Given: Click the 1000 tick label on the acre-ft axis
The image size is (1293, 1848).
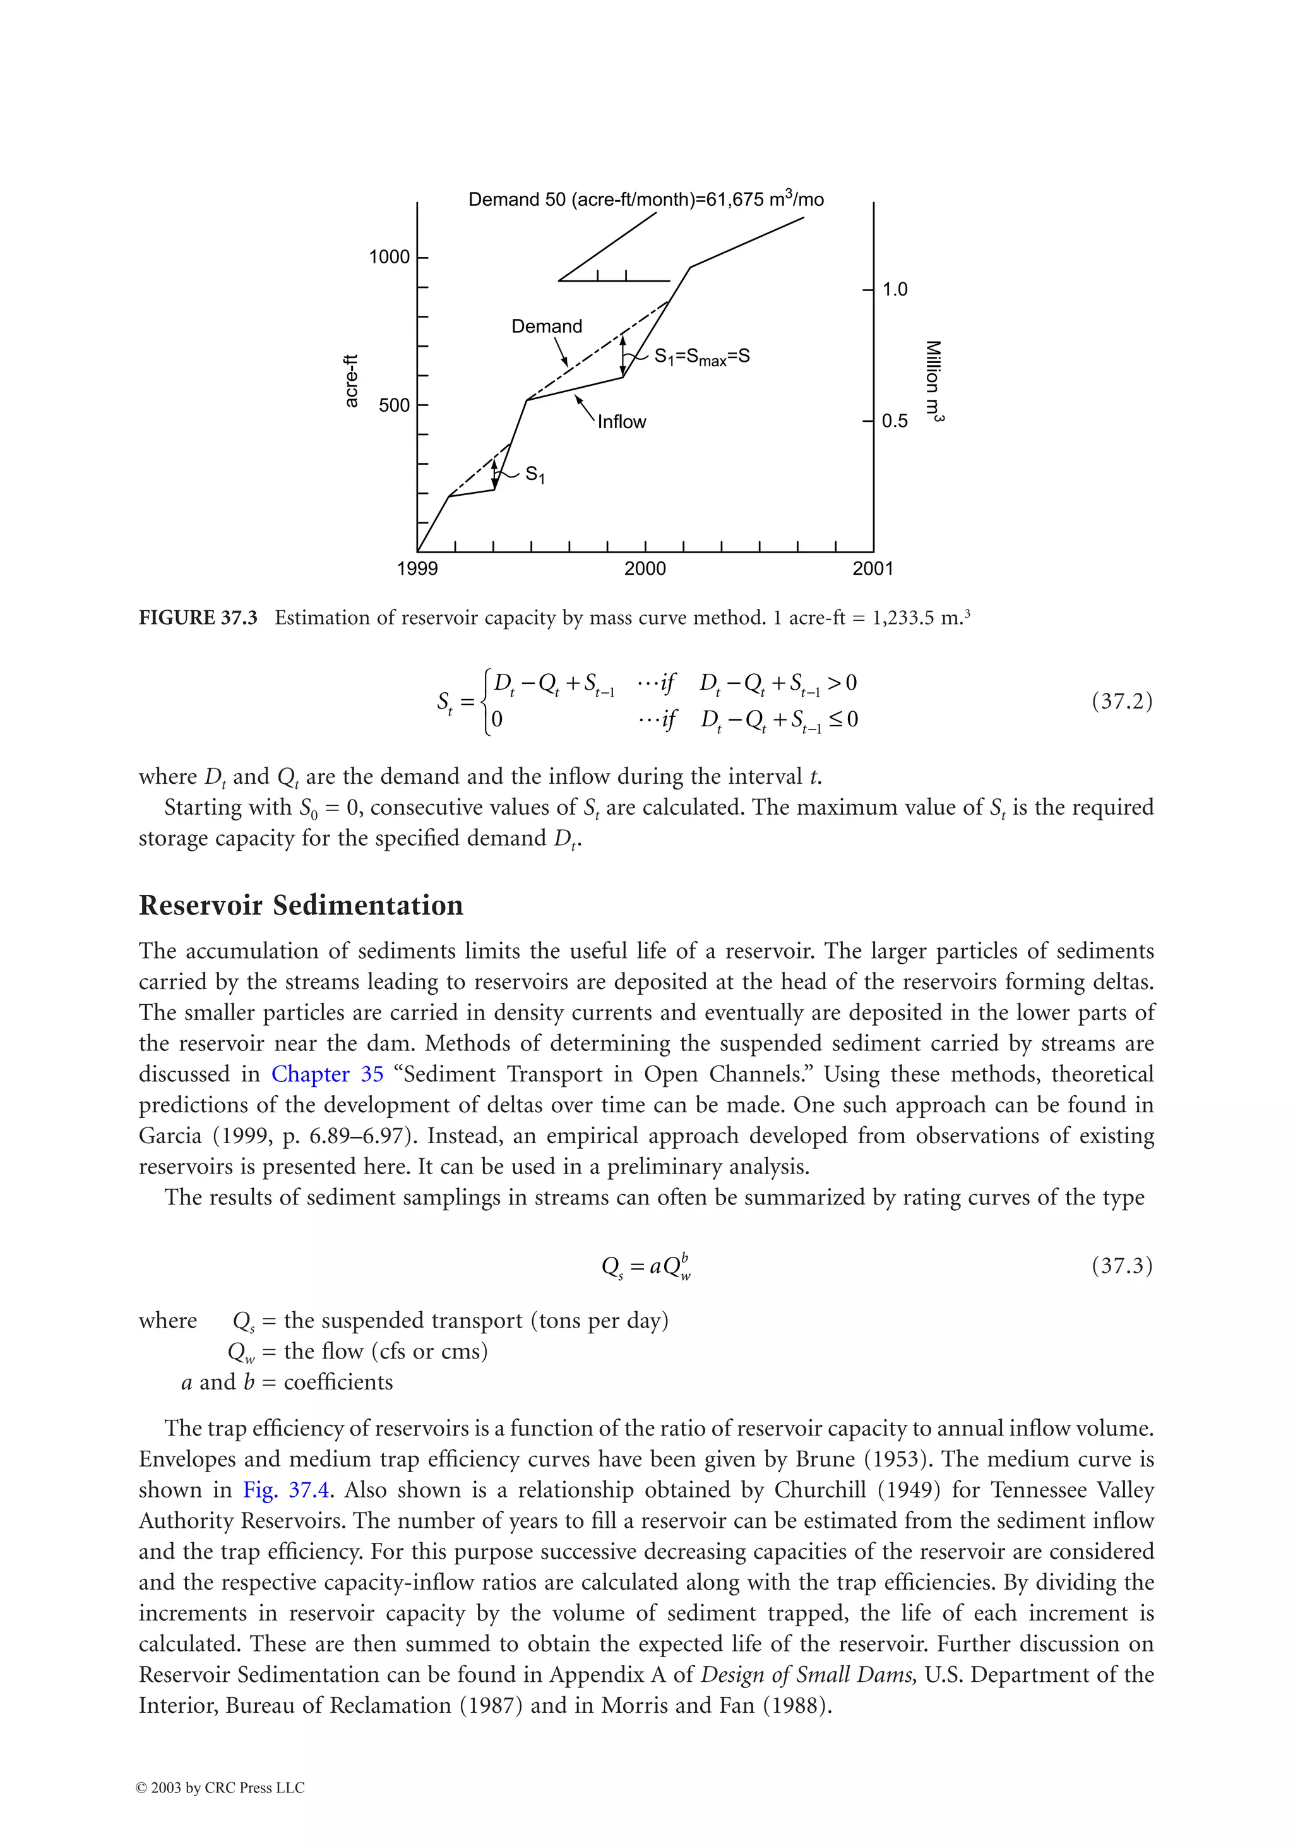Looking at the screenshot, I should coord(389,257).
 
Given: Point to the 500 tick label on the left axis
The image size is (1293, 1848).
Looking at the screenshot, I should coord(393,405).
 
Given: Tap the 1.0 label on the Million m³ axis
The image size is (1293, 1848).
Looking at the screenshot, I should coord(895,289).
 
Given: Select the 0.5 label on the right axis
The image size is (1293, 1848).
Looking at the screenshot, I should coord(895,421).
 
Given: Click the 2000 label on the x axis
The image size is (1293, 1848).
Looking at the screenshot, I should coord(645,568).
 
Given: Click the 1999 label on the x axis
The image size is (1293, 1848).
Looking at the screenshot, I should coord(417,568).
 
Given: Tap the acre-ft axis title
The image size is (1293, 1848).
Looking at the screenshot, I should coord(351,381).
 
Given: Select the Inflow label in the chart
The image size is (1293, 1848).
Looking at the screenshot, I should coord(621,422).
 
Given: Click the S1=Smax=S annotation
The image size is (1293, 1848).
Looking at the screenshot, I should coord(701,357).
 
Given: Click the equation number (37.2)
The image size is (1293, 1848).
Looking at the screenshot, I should coord(1122,701).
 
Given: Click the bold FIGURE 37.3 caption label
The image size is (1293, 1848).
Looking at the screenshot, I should coord(198,617).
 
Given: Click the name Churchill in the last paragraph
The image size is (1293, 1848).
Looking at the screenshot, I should coord(820,1489).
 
